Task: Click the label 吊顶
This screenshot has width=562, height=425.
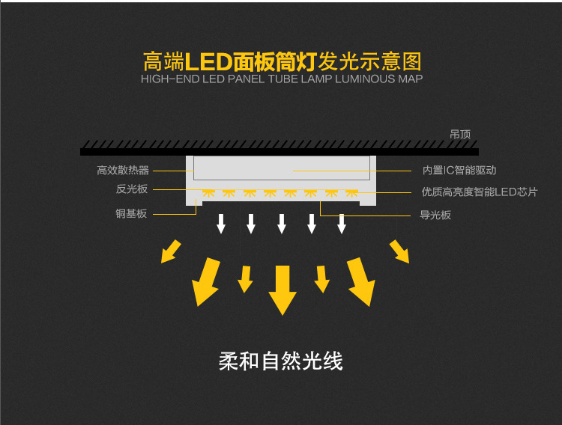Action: tap(460, 135)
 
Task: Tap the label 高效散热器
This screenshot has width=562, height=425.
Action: tap(123, 171)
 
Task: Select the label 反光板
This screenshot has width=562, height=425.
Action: tap(132, 189)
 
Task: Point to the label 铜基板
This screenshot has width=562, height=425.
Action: tap(131, 214)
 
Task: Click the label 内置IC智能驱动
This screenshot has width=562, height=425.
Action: tap(459, 171)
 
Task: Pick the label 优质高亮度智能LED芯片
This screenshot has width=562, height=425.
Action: tap(479, 192)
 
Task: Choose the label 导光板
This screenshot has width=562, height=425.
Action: tap(435, 215)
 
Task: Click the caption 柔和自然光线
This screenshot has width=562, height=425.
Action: tap(281, 361)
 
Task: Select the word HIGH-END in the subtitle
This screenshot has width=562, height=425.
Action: tap(170, 79)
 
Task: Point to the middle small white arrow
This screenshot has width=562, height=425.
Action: tap(282, 223)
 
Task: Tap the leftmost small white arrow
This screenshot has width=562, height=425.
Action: tap(221, 223)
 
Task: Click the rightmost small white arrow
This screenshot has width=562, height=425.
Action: tap(342, 223)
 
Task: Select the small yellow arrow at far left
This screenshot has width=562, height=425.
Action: tap(172, 251)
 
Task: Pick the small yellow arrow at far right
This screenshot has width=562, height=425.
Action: tap(399, 251)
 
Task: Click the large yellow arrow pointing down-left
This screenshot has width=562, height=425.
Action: tap(205, 283)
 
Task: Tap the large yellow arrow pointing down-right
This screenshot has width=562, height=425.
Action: tap(360, 283)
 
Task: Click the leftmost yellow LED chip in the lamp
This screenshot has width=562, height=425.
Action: tap(208, 193)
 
